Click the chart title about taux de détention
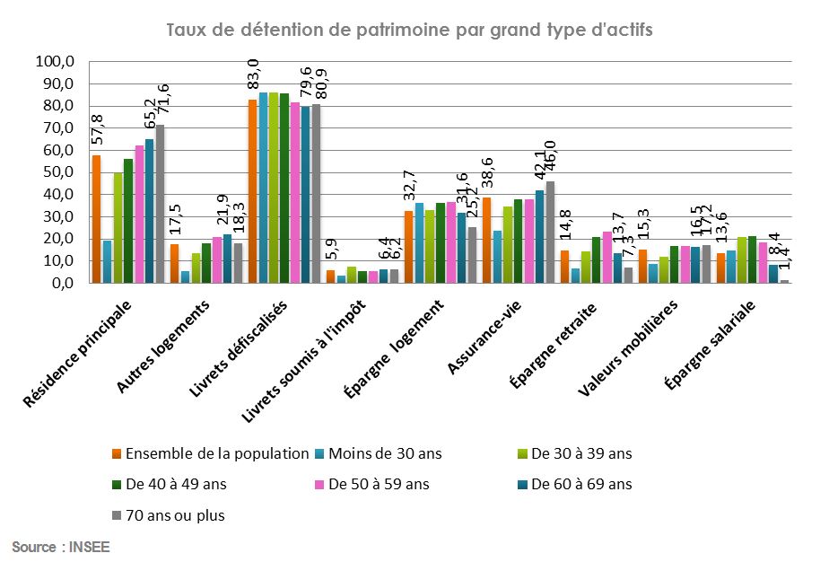409,29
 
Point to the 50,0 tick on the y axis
57,172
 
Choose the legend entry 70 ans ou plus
176,515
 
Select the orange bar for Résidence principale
96,219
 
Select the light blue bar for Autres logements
185,277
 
